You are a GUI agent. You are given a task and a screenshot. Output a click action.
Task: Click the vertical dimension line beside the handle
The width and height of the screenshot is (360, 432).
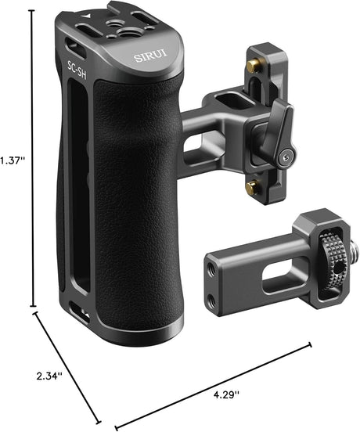pyautogui.click(x=32, y=157)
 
